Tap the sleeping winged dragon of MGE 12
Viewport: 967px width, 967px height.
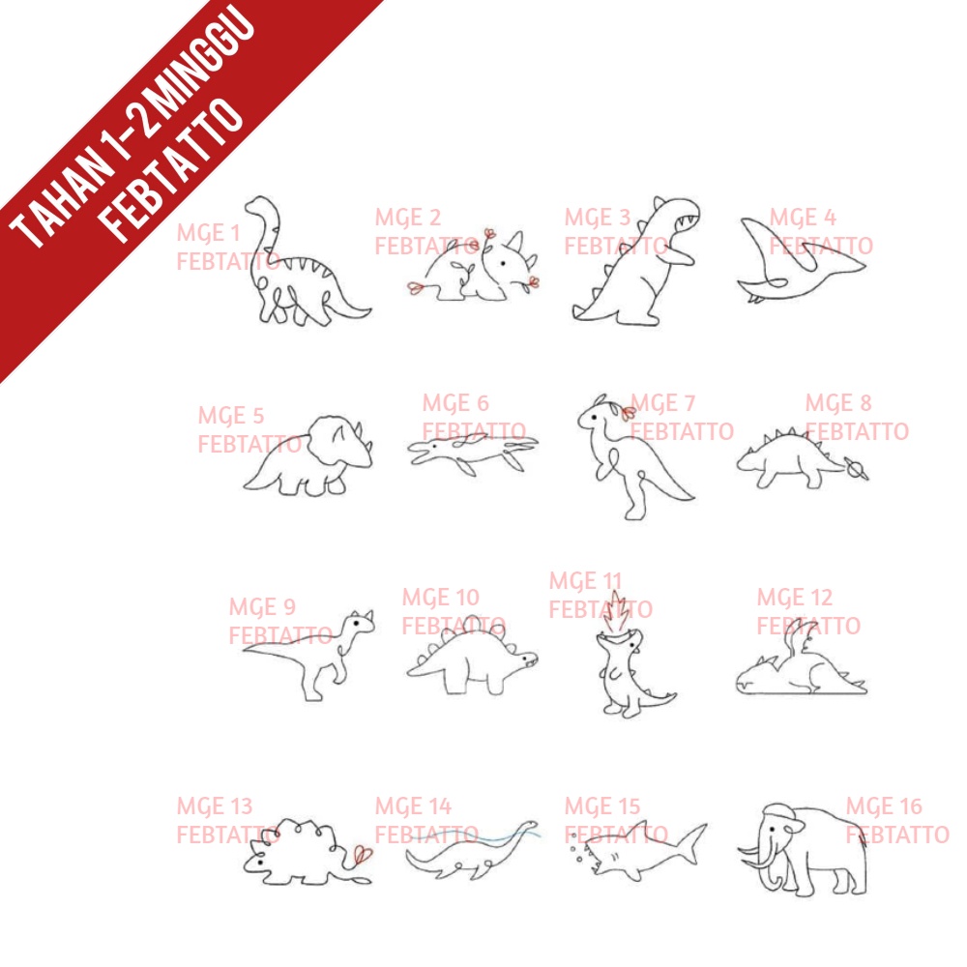(802, 666)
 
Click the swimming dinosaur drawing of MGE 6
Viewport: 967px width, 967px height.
(473, 452)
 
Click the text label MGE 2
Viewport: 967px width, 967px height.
(408, 217)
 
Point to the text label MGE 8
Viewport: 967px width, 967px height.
(838, 402)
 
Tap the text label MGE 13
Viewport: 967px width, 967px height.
(215, 806)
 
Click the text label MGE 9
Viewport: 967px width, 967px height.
(262, 607)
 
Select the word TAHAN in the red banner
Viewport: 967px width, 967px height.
(60, 199)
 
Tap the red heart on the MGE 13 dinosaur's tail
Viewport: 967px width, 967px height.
(363, 854)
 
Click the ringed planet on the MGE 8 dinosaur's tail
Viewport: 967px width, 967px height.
(857, 470)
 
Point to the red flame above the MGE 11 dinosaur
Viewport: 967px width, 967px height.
(617, 611)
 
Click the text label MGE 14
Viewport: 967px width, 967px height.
(413, 806)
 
